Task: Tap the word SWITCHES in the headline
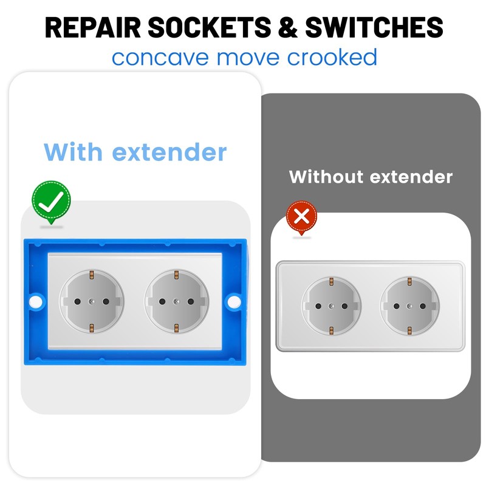click(374, 27)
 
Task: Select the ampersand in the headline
click(287, 27)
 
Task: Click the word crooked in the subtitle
click(332, 58)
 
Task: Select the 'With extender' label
click(135, 151)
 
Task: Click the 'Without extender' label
click(371, 177)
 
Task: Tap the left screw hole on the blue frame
click(35, 300)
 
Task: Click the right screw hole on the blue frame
click(233, 300)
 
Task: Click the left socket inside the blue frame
click(92, 301)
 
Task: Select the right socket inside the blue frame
click(176, 301)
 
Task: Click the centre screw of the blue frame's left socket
click(92, 301)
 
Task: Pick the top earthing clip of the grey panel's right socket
click(409, 281)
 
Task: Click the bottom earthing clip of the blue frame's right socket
click(176, 328)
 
